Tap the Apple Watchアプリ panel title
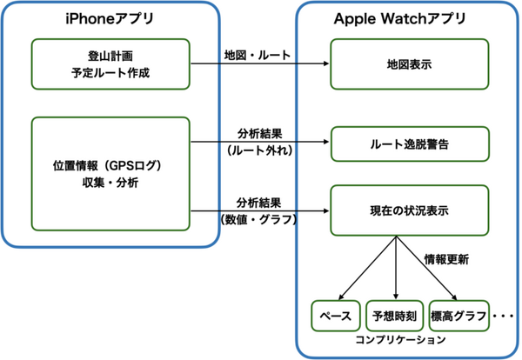[399, 18]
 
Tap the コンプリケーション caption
[397, 341]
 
